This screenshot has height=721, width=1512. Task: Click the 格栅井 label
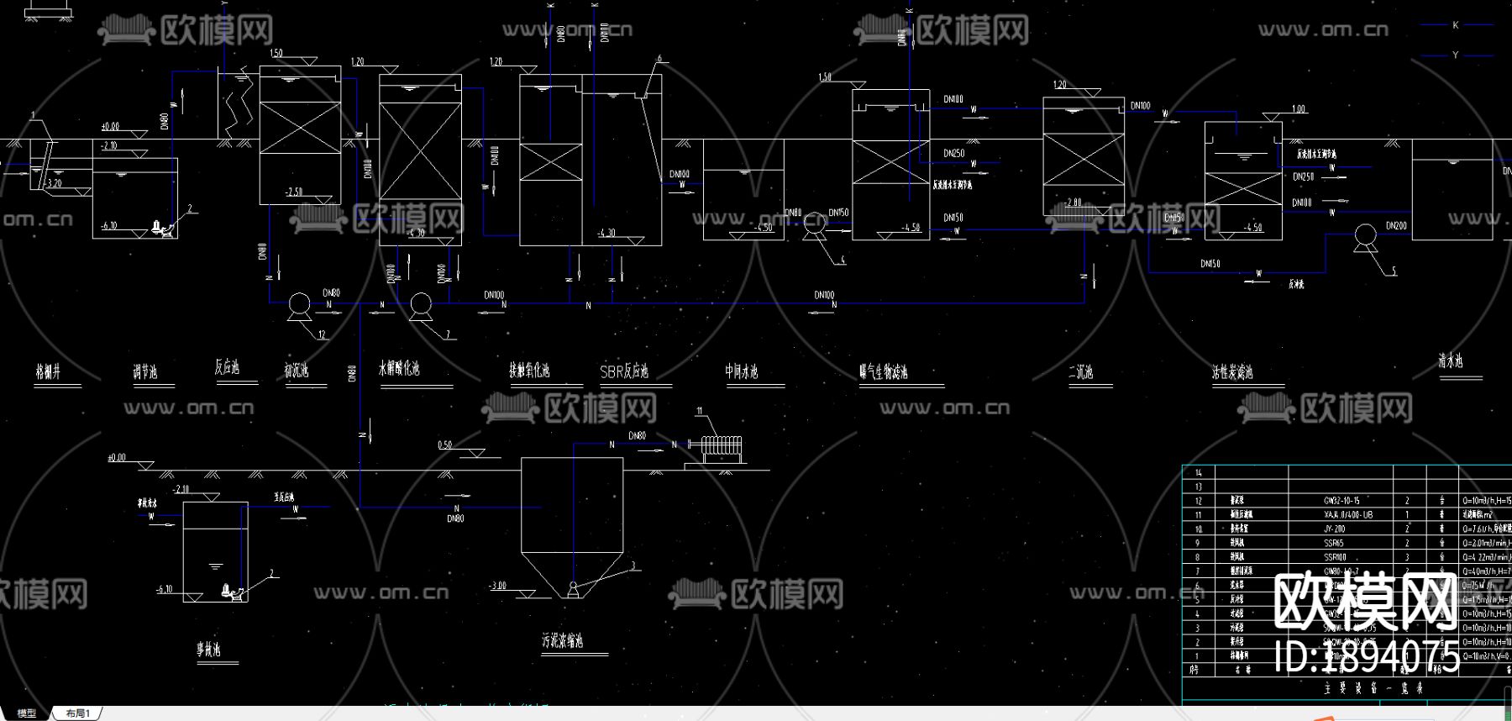(x=48, y=371)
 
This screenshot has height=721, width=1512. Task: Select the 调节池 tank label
(x=145, y=371)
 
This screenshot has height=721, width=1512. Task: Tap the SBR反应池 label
(x=623, y=371)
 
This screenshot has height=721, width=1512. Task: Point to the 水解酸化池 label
(x=399, y=368)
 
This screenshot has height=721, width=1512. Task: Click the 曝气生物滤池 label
(x=884, y=371)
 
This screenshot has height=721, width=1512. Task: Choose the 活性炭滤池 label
(x=1232, y=371)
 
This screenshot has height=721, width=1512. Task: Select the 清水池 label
(x=1451, y=361)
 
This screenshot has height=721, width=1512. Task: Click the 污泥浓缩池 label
(x=563, y=641)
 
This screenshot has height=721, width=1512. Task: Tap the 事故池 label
(x=208, y=650)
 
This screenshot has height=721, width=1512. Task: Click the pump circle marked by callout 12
(x=298, y=303)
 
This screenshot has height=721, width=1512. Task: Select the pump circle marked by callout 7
(x=421, y=303)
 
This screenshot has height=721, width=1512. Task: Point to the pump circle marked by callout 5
(x=1366, y=235)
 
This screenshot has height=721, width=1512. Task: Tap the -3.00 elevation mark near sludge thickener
(x=498, y=586)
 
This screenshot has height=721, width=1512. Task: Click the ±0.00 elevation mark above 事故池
(x=117, y=458)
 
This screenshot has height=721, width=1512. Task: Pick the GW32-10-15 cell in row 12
(x=1341, y=501)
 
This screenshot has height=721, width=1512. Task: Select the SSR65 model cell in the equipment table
(x=1334, y=543)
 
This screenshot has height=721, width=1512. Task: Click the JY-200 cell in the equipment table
(x=1335, y=529)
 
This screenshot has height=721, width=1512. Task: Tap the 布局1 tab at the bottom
(x=77, y=713)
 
